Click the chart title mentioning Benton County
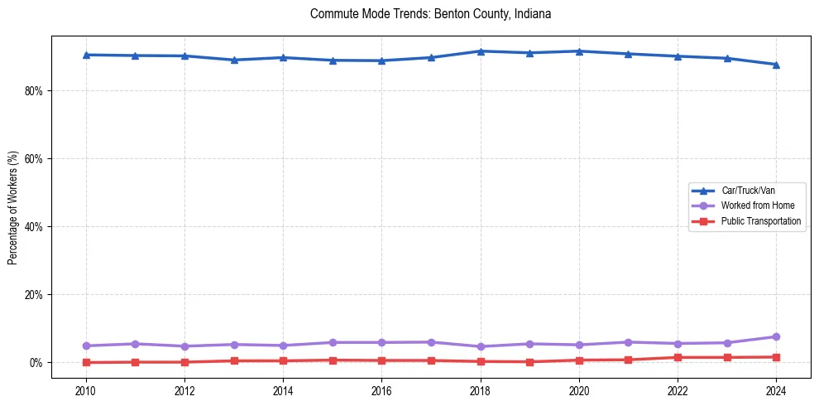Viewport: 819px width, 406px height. [430, 14]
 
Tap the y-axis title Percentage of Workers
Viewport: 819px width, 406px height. [12, 207]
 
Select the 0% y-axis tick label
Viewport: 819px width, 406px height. [34, 362]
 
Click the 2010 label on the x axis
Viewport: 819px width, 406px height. [85, 389]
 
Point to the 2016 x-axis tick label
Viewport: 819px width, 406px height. [381, 389]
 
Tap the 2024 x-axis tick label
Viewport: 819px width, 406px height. [776, 389]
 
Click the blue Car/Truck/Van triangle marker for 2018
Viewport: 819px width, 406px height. [480, 51]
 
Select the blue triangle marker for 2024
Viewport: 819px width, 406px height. [776, 64]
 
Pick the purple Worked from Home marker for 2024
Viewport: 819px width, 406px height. [776, 336]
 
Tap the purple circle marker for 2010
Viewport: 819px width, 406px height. [85, 346]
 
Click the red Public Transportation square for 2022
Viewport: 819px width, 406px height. [678, 357]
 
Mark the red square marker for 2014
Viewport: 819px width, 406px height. [283, 360]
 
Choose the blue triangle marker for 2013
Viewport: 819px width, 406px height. [233, 60]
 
